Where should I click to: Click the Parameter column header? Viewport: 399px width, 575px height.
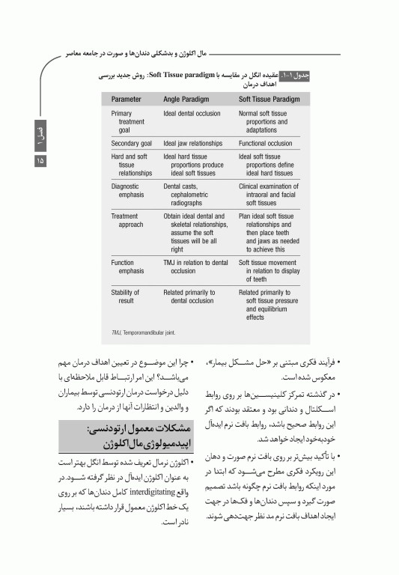click(127, 99)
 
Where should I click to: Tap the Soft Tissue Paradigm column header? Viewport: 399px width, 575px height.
click(269, 99)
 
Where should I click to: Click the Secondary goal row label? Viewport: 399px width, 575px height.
click(131, 143)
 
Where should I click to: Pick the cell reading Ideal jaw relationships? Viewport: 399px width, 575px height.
click(192, 143)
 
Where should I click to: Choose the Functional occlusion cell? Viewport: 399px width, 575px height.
click(265, 143)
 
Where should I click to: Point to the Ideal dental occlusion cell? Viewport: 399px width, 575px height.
click(192, 114)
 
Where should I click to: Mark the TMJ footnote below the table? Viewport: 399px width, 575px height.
click(152, 332)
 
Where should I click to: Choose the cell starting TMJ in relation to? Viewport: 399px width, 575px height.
click(195, 267)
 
